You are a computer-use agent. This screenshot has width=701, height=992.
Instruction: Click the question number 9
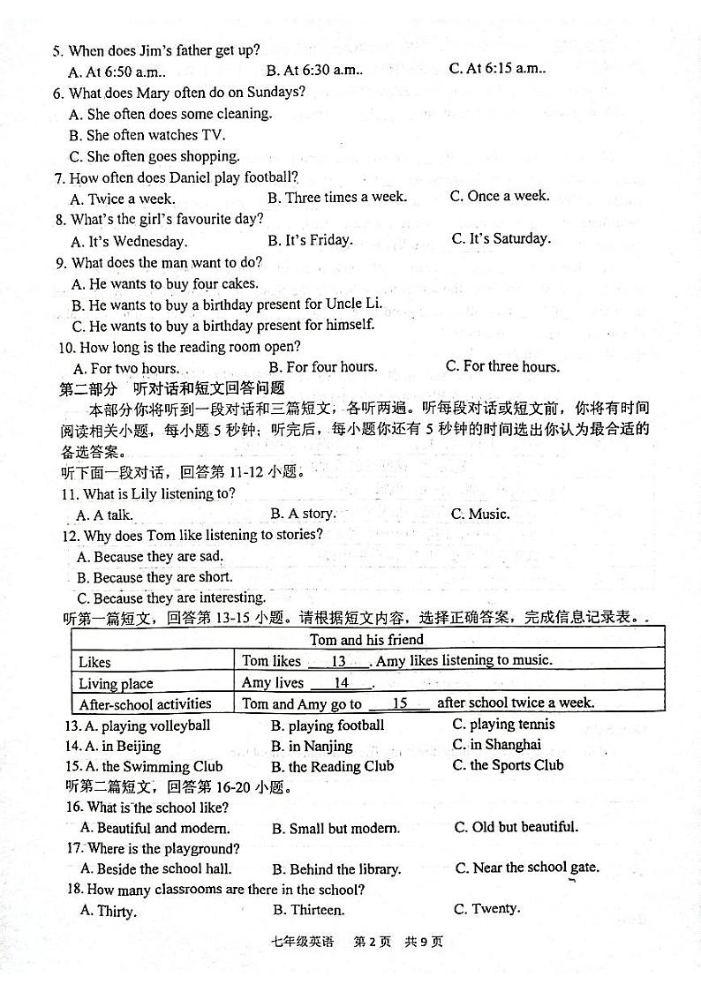coord(61,263)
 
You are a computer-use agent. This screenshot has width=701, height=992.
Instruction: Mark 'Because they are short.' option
coord(155,577)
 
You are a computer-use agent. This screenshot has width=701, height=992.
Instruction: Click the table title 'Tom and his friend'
coord(366,639)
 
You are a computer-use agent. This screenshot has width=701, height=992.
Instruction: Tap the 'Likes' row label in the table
coord(94,662)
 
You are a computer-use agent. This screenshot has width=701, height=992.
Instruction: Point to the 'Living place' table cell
coord(116,683)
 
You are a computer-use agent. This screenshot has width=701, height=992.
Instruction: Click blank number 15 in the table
coord(399,703)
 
